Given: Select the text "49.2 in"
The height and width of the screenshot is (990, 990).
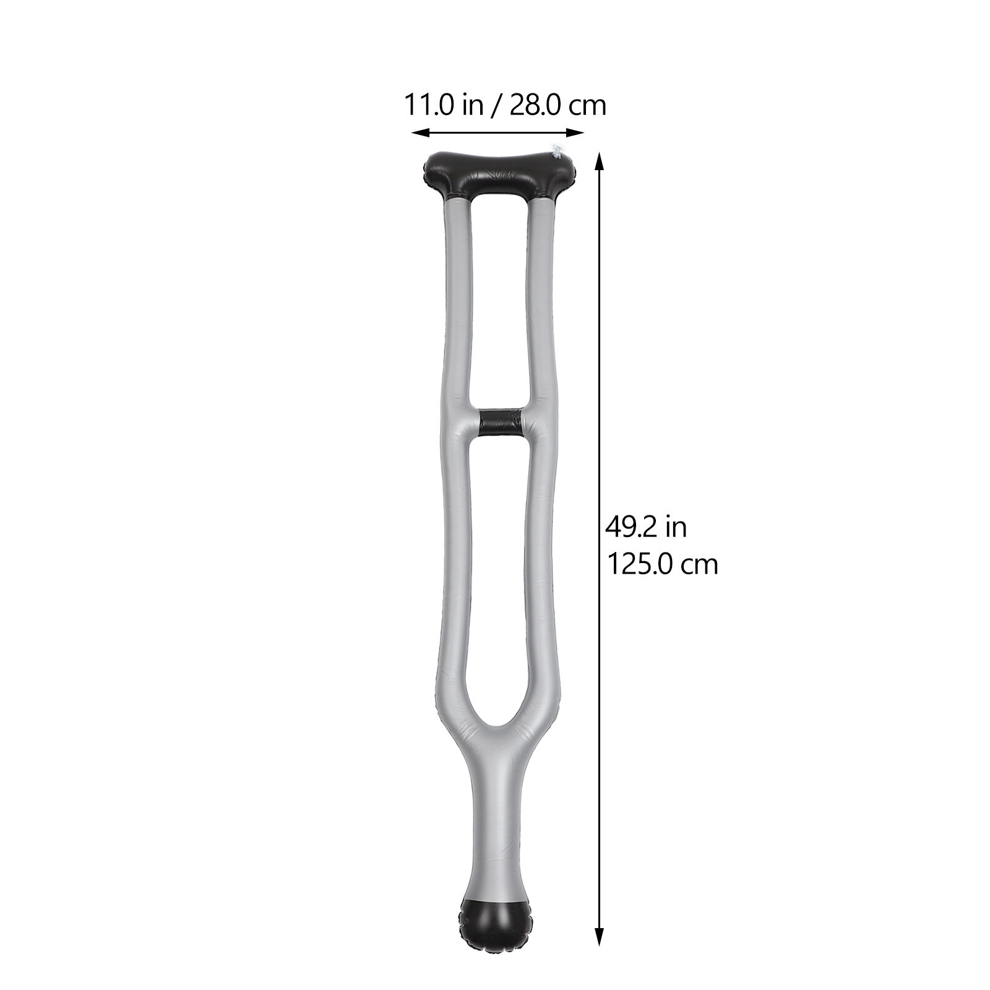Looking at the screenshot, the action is point(646,528).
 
